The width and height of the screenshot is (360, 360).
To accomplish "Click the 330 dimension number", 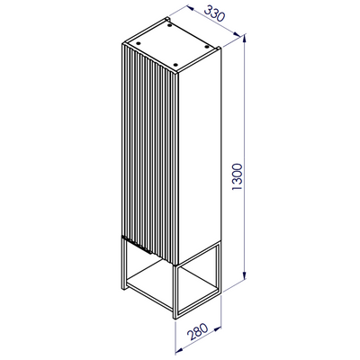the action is [x=214, y=13].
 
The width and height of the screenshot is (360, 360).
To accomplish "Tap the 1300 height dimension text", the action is [x=238, y=176].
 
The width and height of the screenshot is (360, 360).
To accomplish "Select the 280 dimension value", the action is [x=197, y=330].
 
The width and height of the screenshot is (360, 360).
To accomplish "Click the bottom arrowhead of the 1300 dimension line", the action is [x=245, y=274].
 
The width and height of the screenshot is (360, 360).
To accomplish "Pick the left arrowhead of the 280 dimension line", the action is [x=179, y=348].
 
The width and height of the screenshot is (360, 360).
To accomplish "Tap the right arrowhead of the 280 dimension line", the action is [x=217, y=329].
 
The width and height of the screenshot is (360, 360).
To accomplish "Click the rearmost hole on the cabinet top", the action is [x=170, y=26].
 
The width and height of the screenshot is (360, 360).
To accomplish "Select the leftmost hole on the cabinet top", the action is [x=139, y=42].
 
